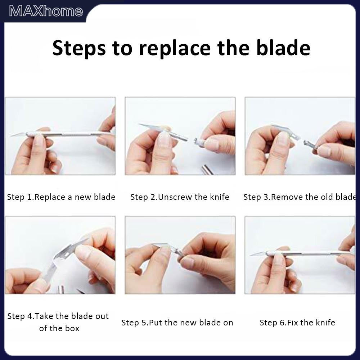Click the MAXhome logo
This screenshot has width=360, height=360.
(46, 11)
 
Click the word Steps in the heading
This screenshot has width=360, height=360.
(79, 49)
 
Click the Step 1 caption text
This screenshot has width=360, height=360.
(61, 197)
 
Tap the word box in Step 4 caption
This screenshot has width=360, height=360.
(72, 328)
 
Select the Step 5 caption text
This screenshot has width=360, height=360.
(177, 323)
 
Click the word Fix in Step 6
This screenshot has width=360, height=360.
(292, 323)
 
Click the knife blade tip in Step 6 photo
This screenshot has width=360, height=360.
(251, 255)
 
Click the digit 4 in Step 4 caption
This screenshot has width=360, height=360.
(30, 316)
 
